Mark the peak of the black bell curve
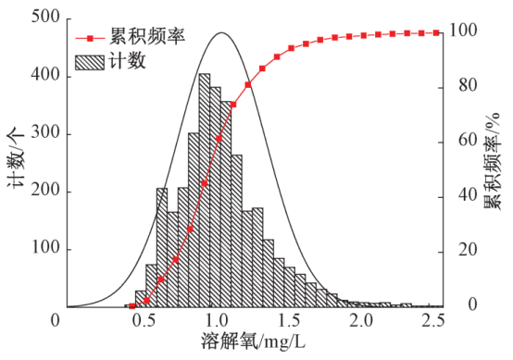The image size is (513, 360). (x=220, y=33)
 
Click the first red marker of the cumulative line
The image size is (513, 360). (x=132, y=304)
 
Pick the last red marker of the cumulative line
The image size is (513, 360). (x=436, y=32)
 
